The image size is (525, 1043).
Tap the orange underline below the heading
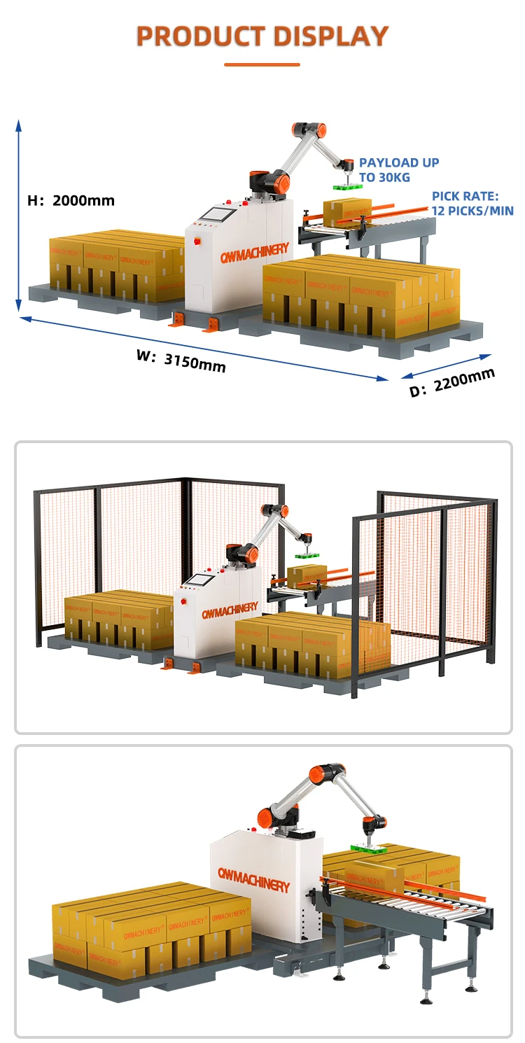coord(262,64)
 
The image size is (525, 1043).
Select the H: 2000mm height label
coord(71,201)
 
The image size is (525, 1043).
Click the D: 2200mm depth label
coord(452,382)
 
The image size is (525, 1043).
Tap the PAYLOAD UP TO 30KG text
coord(399,170)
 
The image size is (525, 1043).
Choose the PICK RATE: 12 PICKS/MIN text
coord(472,204)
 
